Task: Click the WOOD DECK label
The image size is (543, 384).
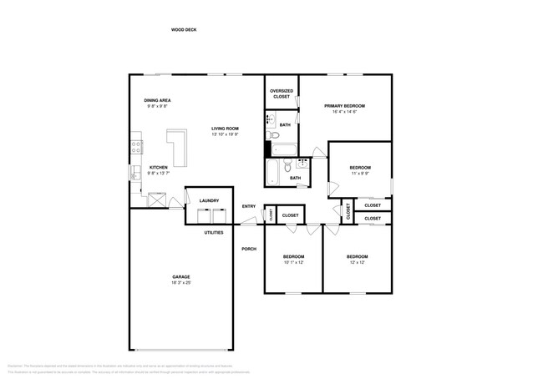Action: click(184, 29)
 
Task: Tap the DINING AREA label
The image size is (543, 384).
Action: click(158, 100)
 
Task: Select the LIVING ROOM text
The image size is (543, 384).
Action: click(225, 129)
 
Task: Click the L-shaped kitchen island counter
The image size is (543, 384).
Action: click(177, 149)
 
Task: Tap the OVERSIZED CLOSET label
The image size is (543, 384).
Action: click(282, 93)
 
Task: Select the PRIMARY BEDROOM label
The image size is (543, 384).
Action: click(345, 106)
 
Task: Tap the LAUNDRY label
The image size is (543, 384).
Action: click(209, 200)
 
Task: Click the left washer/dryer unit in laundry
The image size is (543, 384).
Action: click(203, 216)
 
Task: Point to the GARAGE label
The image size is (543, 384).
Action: click(181, 276)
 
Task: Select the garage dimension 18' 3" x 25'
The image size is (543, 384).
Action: click(181, 283)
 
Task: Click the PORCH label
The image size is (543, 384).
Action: click(248, 249)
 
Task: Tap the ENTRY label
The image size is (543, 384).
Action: click(248, 206)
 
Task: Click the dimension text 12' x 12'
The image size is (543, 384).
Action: click(357, 262)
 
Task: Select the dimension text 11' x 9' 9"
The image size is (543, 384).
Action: click(360, 174)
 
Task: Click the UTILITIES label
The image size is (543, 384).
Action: click(214, 232)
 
